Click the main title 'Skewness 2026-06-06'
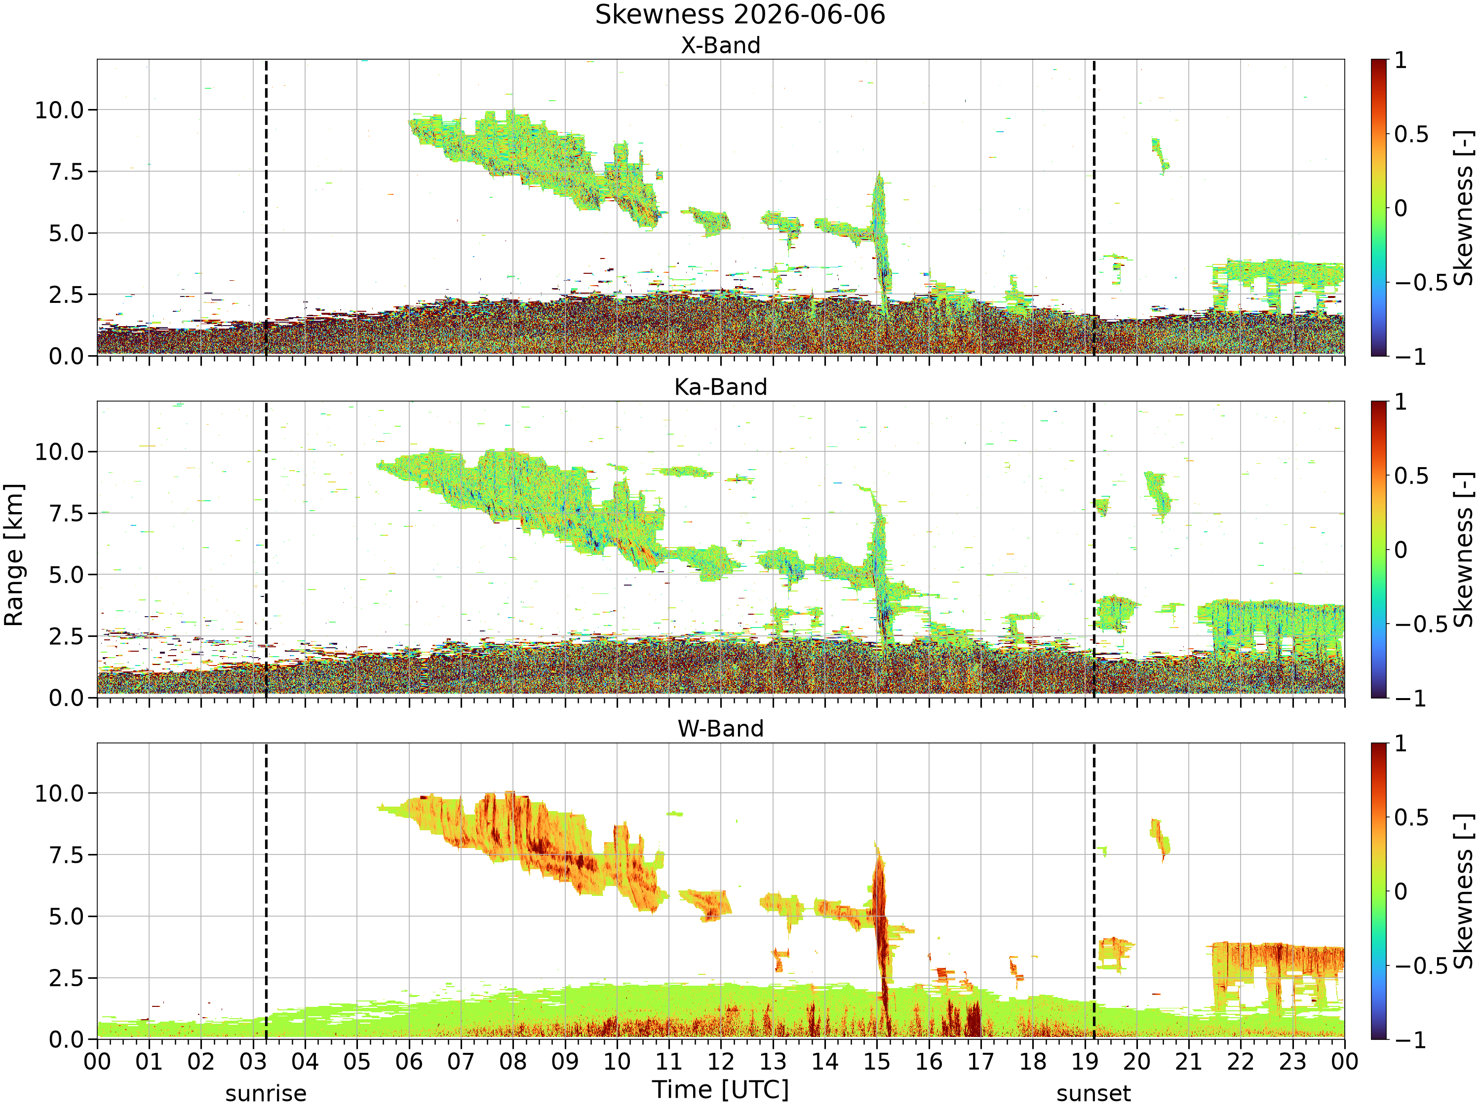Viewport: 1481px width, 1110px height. pos(740,15)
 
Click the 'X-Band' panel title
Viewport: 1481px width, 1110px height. pos(720,45)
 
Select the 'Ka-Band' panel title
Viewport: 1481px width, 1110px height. pos(720,387)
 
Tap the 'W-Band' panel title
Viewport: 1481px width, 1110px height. pos(720,729)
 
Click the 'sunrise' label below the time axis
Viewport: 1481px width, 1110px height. pos(266,1094)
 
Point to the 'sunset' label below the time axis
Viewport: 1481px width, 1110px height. pos(1093,1094)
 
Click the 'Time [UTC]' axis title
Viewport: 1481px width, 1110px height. pos(720,1090)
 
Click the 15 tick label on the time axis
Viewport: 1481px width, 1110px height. pos(877,1062)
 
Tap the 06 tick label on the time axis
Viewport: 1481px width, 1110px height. pos(409,1062)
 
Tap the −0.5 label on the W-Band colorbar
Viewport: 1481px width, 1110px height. pos(1421,966)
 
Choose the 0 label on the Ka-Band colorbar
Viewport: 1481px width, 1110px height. pos(1401,551)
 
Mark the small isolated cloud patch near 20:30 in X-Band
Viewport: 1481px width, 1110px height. pos(1160,156)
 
